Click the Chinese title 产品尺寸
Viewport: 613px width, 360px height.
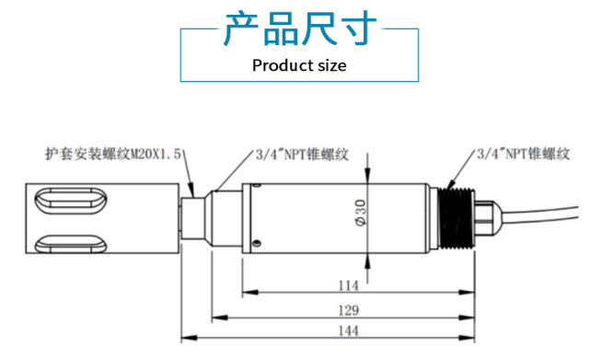click(x=300, y=29)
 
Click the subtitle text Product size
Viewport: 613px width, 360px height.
click(x=299, y=65)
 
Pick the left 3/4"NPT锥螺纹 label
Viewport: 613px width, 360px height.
click(x=300, y=154)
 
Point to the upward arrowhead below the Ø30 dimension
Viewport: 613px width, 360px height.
click(x=368, y=260)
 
